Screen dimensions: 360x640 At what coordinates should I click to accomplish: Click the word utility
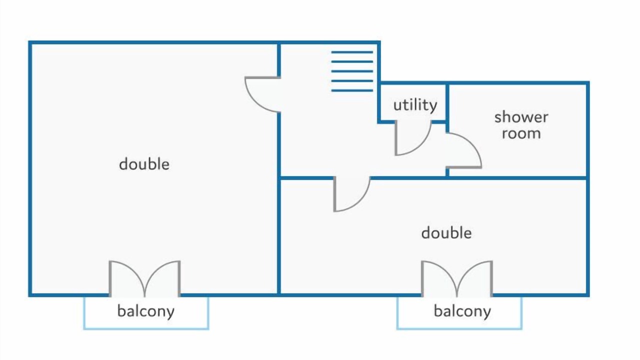[x=415, y=105]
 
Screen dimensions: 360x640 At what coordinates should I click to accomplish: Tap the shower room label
[x=521, y=125]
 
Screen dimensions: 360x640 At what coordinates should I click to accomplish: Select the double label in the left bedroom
[x=144, y=164]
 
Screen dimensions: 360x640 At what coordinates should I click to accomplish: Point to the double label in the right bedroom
[x=446, y=232]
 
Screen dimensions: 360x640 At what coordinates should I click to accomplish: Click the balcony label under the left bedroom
[x=145, y=311]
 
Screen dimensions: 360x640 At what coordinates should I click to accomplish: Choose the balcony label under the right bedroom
[x=462, y=311]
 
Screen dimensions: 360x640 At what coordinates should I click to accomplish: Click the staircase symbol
[x=352, y=71]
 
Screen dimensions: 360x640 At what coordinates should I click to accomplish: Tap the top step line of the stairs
[x=352, y=52]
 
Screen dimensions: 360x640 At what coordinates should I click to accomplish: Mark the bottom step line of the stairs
[x=352, y=90]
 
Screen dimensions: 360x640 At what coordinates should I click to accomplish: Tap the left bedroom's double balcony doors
[x=144, y=278]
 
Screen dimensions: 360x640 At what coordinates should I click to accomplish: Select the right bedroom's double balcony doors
[x=457, y=278]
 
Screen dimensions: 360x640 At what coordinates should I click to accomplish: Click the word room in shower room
[x=521, y=133]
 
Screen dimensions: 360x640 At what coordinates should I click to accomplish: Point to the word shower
[x=521, y=117]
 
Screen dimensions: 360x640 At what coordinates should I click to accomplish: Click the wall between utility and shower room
[x=447, y=102]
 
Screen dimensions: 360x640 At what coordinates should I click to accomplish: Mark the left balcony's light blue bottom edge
[x=145, y=328]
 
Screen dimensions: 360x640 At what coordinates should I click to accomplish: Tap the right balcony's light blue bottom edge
[x=459, y=328]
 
